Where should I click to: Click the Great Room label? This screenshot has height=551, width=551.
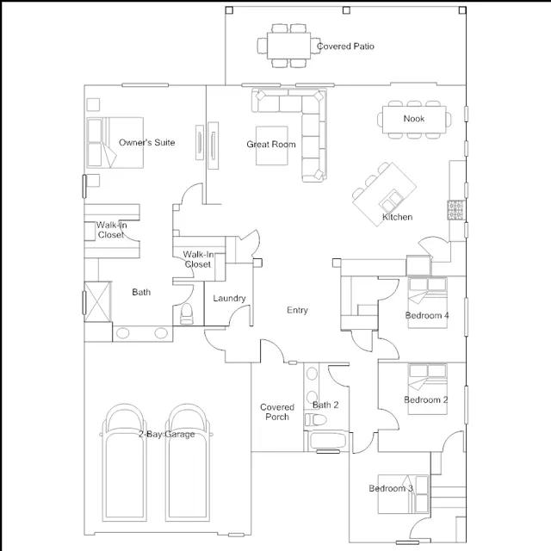(271, 144)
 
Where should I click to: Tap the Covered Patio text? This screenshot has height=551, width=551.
(345, 46)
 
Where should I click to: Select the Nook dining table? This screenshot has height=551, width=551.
(414, 120)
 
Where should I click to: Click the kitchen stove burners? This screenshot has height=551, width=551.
(455, 210)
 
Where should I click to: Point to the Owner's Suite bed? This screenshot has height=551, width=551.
(115, 142)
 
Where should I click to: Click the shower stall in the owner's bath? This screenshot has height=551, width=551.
(97, 301)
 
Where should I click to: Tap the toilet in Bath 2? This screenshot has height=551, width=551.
(316, 419)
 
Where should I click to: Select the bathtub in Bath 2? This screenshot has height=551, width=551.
(328, 441)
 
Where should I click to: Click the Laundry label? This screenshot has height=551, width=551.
(229, 299)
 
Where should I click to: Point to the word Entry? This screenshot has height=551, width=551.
(297, 310)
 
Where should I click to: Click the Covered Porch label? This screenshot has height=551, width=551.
(277, 412)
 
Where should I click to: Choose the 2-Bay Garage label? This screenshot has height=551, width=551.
(166, 434)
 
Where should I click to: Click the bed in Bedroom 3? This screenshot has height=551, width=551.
(404, 494)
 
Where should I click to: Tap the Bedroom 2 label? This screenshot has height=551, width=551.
(426, 399)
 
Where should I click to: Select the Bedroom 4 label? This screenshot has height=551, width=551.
(427, 315)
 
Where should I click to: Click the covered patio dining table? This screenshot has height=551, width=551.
(289, 46)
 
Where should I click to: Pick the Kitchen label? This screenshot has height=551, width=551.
(398, 217)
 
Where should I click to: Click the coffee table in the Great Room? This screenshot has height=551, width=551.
(272, 145)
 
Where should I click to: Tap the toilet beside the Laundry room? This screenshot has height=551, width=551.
(186, 313)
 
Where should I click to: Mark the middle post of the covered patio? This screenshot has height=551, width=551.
(346, 10)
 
